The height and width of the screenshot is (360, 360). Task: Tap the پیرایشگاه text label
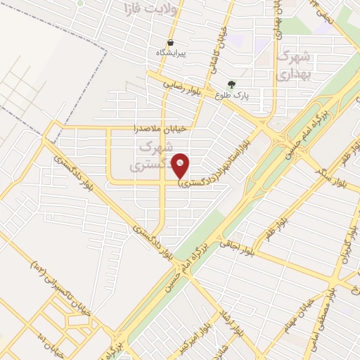click(170, 53)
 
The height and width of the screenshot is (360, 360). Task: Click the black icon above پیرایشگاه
click(170, 42)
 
